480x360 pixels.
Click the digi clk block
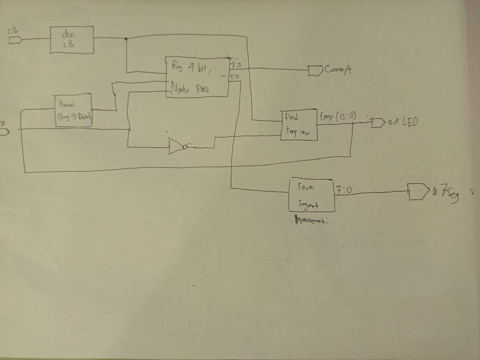click(72, 40)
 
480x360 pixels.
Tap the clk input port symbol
click(15, 40)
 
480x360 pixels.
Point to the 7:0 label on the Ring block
click(236, 66)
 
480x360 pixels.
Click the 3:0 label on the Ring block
click(235, 77)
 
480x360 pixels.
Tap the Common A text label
click(338, 70)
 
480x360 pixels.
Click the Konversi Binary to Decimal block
click(73, 110)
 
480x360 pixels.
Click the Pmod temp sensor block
click(299, 125)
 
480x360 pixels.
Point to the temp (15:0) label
click(338, 116)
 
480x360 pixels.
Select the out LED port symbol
click(377, 123)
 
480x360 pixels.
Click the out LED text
click(403, 122)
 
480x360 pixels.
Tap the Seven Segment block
click(311, 195)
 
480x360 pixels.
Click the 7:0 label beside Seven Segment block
click(344, 190)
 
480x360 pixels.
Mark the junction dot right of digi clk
click(126, 39)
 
